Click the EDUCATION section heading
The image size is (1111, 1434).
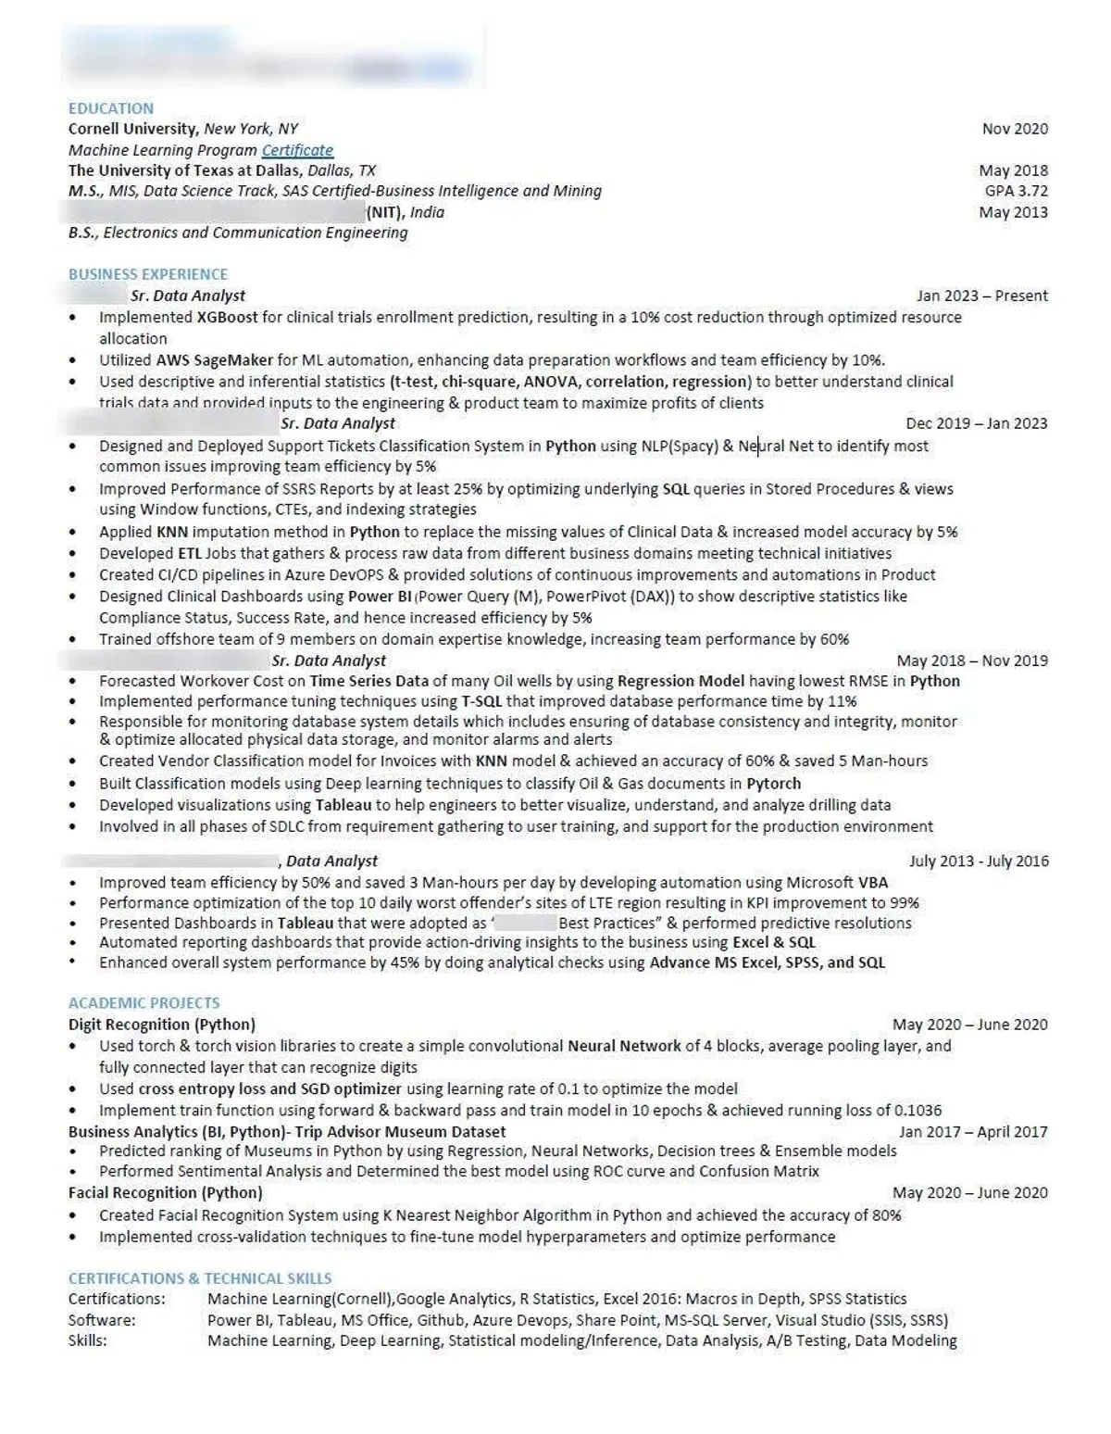111,108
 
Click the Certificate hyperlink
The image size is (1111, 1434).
297,150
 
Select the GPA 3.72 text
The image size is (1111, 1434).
1016,191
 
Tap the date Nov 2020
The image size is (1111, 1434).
1015,129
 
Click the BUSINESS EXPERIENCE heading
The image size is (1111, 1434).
147,274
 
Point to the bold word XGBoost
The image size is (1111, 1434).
227,317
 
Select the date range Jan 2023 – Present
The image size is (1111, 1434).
981,296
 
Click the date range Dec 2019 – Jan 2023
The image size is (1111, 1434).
976,423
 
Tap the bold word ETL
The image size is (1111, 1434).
189,553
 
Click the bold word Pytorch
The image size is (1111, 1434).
773,783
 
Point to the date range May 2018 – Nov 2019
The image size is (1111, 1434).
971,660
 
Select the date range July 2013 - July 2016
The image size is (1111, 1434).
978,861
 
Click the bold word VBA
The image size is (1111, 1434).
872,882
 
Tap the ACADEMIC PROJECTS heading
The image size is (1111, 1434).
144,1002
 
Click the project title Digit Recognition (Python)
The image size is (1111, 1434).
161,1024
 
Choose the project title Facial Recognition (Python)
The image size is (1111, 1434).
165,1192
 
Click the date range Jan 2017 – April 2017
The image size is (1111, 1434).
972,1131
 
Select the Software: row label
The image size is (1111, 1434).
102,1319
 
